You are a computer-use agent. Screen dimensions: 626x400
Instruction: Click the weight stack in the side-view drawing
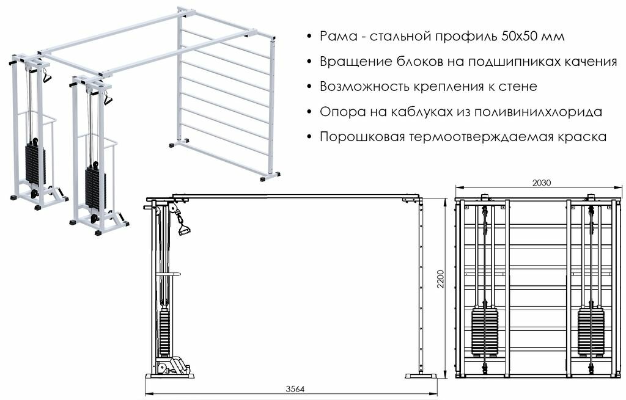pos(164,333)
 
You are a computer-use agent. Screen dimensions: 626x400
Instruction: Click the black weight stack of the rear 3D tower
pos(35,165)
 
